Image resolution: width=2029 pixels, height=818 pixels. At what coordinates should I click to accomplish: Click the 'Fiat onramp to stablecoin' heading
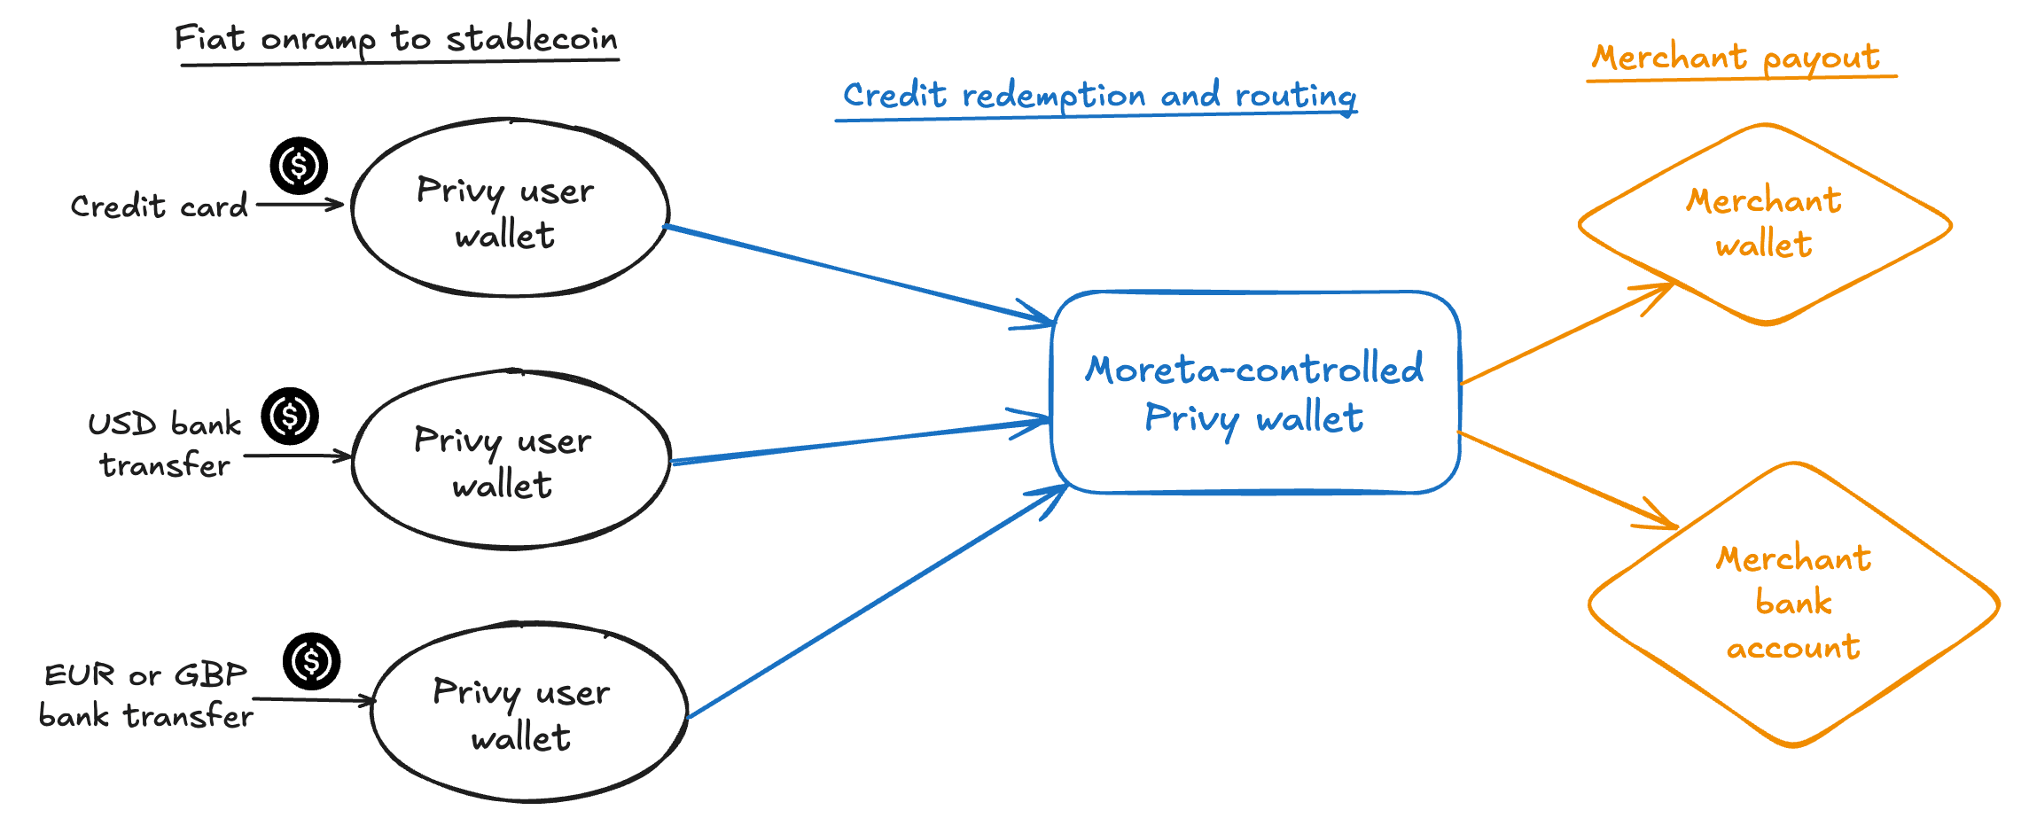tap(395, 39)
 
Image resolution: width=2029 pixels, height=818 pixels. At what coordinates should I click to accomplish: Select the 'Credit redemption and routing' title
tap(1098, 96)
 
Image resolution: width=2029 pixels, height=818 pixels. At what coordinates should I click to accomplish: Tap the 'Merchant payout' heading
tap(1736, 58)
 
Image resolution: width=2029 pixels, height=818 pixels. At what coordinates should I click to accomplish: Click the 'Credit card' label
tap(160, 206)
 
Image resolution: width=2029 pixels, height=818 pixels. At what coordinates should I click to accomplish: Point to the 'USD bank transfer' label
tap(165, 444)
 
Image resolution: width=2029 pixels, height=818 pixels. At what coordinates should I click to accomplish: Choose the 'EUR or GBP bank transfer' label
tap(146, 695)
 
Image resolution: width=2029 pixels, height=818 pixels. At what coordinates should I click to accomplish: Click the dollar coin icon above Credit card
tap(299, 166)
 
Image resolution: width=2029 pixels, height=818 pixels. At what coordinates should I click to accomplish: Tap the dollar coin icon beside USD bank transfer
tap(290, 416)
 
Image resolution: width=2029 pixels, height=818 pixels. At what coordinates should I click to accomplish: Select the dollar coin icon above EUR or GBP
tap(311, 661)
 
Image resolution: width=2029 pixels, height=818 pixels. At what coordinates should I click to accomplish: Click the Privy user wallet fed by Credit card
tap(510, 209)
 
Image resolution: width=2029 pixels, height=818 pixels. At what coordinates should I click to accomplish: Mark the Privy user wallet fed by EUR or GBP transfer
tap(528, 713)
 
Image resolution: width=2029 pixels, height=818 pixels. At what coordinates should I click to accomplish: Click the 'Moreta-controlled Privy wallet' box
tap(1254, 393)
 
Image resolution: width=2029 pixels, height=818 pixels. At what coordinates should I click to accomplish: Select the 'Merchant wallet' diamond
tap(1764, 224)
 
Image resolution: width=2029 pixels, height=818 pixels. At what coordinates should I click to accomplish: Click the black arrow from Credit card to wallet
tap(299, 205)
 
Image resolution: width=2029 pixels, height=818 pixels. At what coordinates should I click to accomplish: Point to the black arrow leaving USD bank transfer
tap(297, 456)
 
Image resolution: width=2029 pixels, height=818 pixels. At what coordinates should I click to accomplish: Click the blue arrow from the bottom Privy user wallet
tap(878, 602)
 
